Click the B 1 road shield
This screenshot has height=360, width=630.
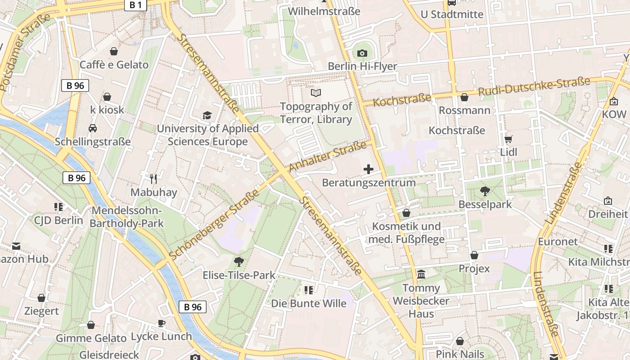[x=135, y=5]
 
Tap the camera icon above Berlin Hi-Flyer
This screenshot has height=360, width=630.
[x=362, y=53]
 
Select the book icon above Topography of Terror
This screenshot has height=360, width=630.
[x=316, y=93]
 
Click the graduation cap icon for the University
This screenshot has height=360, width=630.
[x=207, y=116]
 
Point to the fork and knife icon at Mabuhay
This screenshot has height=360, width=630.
[x=153, y=179]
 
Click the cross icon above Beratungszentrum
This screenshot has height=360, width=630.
[x=369, y=169]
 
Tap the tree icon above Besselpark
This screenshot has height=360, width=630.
[x=485, y=191]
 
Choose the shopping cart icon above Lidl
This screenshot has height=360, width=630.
[x=508, y=139]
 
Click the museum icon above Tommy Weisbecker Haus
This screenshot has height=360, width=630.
[x=421, y=274]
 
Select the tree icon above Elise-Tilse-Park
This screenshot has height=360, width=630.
[x=238, y=261]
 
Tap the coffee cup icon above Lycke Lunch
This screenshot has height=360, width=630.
[x=161, y=323]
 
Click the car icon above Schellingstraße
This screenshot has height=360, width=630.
[x=93, y=128]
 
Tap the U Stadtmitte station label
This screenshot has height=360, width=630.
[x=452, y=14]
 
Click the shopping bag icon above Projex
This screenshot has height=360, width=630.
[x=474, y=256]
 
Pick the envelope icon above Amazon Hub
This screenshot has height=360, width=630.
[x=16, y=246]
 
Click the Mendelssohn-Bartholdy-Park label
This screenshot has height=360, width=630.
[x=126, y=217]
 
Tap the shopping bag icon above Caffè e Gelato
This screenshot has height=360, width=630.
[x=114, y=51]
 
